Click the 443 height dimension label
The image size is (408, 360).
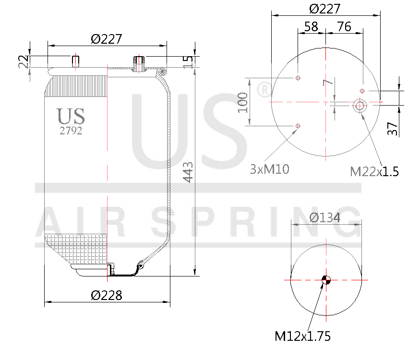tap(188, 172)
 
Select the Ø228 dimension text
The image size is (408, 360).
tap(107, 295)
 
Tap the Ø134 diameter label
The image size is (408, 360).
tap(325, 217)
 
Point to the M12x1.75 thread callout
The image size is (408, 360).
tap(302, 336)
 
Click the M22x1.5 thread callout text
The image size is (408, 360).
tap(374, 171)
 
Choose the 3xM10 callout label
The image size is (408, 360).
tap(269, 169)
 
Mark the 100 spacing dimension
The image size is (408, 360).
tap(243, 102)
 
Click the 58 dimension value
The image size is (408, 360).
tap(311, 26)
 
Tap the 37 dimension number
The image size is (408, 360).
tap(393, 128)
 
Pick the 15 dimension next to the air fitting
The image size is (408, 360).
tap(188, 61)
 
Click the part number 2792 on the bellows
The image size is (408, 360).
tap(71, 131)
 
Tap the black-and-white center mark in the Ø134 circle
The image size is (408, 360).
tap(325, 280)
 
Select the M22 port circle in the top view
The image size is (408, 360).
tap(359, 106)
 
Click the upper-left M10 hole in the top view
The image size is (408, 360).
tap(298, 78)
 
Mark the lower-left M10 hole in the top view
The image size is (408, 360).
tap(298, 126)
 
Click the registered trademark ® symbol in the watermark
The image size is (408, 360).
tap(264, 90)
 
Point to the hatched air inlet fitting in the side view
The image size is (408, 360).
tap(139, 63)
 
